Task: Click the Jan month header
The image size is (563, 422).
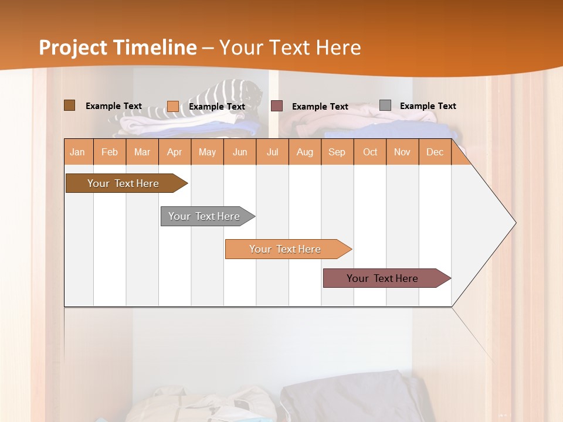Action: tap(78, 152)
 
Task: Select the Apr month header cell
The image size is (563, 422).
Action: tap(175, 152)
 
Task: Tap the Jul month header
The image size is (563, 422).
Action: tap(272, 152)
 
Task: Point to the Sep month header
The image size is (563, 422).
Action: tap(337, 152)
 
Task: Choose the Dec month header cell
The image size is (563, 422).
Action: tap(435, 152)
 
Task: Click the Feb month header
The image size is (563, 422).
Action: tap(110, 152)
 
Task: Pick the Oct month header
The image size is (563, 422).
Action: tap(370, 152)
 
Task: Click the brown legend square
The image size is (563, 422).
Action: tap(69, 105)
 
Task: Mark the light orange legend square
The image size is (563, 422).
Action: tap(173, 106)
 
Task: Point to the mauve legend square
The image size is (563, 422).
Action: tap(277, 106)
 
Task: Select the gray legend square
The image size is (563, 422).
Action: tap(385, 105)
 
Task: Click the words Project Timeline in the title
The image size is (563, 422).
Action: tap(118, 47)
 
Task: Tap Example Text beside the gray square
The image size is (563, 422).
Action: tap(428, 106)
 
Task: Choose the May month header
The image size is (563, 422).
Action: tap(207, 152)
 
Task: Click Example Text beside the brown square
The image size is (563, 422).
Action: tap(113, 106)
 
